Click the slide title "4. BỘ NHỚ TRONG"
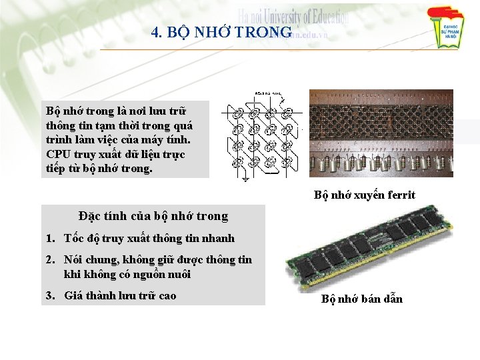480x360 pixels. (221, 32)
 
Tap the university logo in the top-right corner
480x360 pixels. (447, 28)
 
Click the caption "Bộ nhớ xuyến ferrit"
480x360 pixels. (365, 195)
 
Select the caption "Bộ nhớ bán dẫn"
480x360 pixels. (362, 299)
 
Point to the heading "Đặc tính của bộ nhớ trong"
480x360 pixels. (153, 216)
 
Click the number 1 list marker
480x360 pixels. (50, 239)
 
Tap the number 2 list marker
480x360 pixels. (50, 260)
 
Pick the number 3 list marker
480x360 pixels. (50, 295)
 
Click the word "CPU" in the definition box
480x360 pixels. (58, 154)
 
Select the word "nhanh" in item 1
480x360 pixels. (218, 239)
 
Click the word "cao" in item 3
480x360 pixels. (166, 295)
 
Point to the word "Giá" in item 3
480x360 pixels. (73, 295)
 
